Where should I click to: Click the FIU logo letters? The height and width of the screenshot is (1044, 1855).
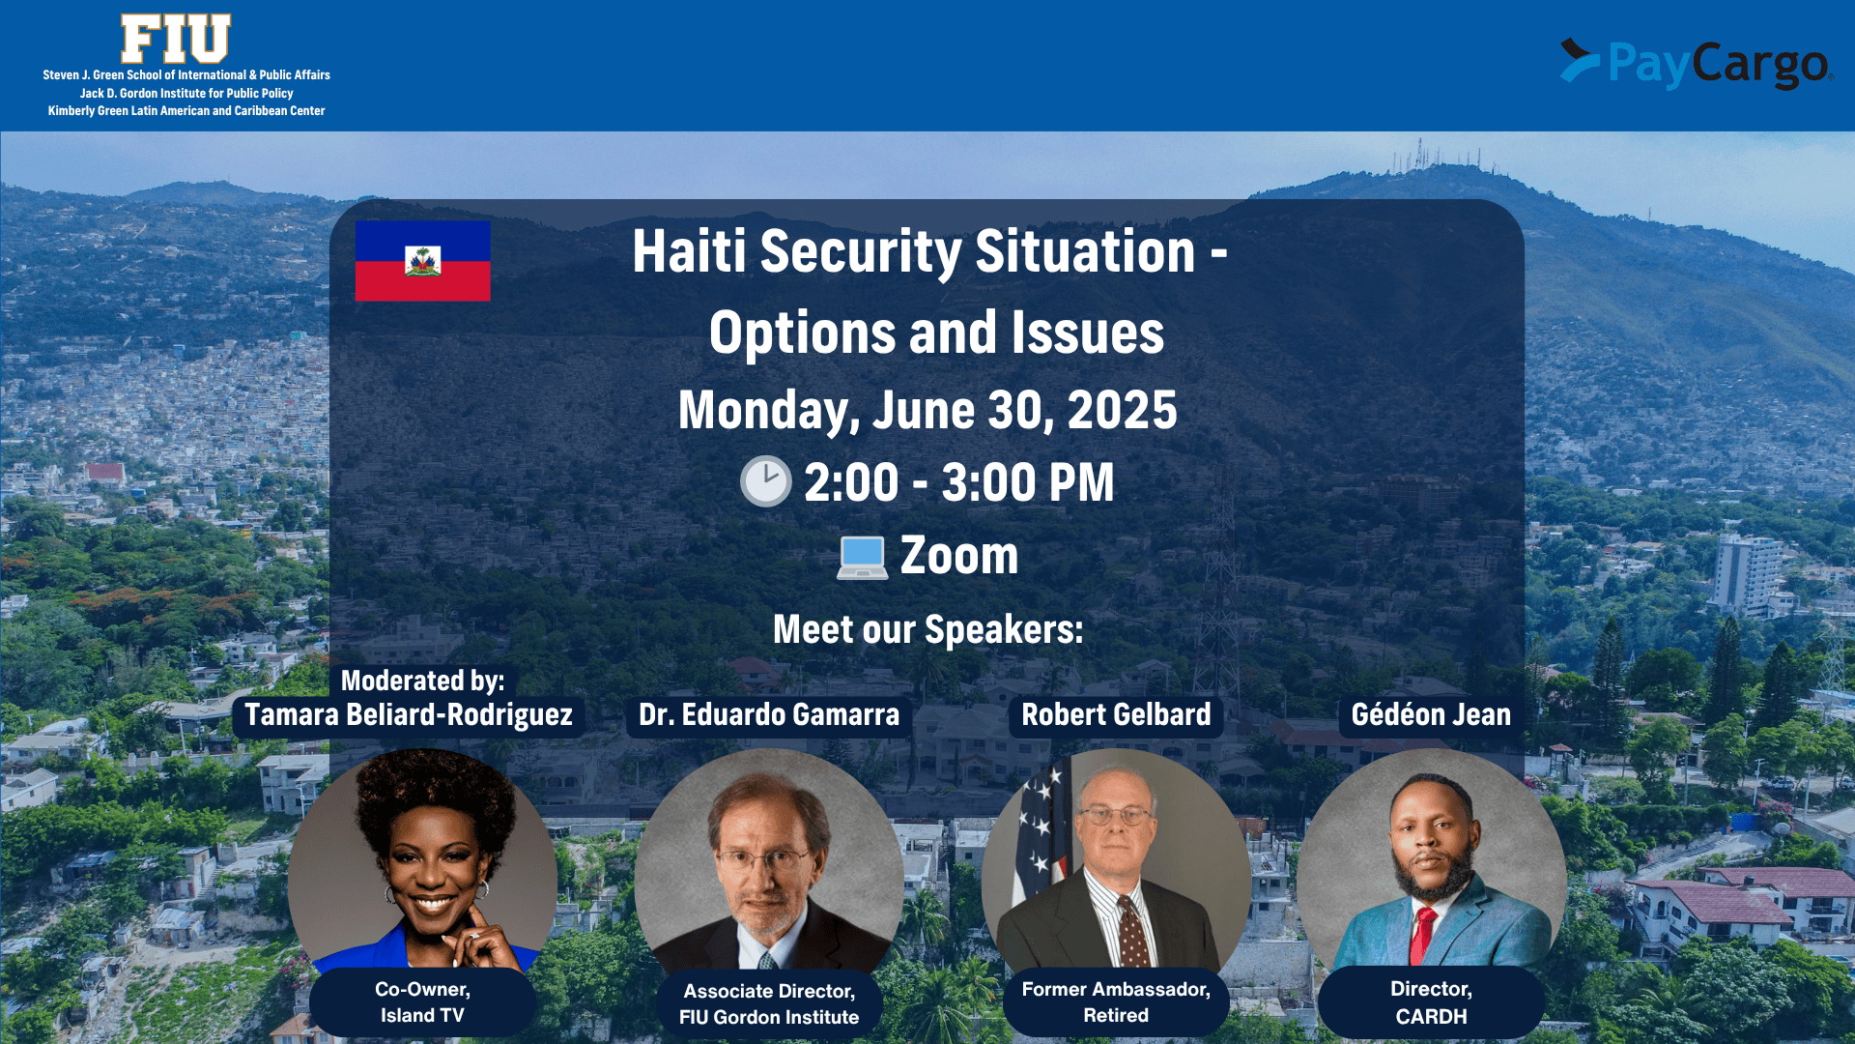[x=176, y=39]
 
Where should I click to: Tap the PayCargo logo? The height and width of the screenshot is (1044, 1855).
[x=1697, y=64]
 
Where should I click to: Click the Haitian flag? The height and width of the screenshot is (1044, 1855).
[x=422, y=261]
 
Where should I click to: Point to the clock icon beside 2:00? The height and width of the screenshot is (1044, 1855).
[x=765, y=481]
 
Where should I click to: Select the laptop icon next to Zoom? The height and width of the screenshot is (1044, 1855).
[x=862, y=558]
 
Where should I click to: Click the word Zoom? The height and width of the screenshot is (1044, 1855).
[x=959, y=556]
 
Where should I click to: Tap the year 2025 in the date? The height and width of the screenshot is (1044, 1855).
[x=1123, y=410]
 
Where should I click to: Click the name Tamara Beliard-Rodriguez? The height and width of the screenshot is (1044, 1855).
[x=409, y=715]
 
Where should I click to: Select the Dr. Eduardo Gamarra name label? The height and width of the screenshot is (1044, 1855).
[x=769, y=715]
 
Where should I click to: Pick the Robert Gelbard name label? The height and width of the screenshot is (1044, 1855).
[x=1116, y=715]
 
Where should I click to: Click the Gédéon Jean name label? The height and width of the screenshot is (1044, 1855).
[x=1431, y=715]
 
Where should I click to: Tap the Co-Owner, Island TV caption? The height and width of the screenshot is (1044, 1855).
[x=422, y=1002]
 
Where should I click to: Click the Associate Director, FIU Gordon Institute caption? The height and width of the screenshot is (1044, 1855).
[x=769, y=1004]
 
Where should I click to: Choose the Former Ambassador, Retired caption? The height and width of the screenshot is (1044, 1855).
[x=1116, y=1002]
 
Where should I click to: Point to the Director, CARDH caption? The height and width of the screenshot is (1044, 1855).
[x=1431, y=1002]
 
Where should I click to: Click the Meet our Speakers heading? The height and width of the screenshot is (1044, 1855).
[x=928, y=630]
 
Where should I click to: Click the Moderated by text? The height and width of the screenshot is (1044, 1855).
[x=422, y=681]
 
